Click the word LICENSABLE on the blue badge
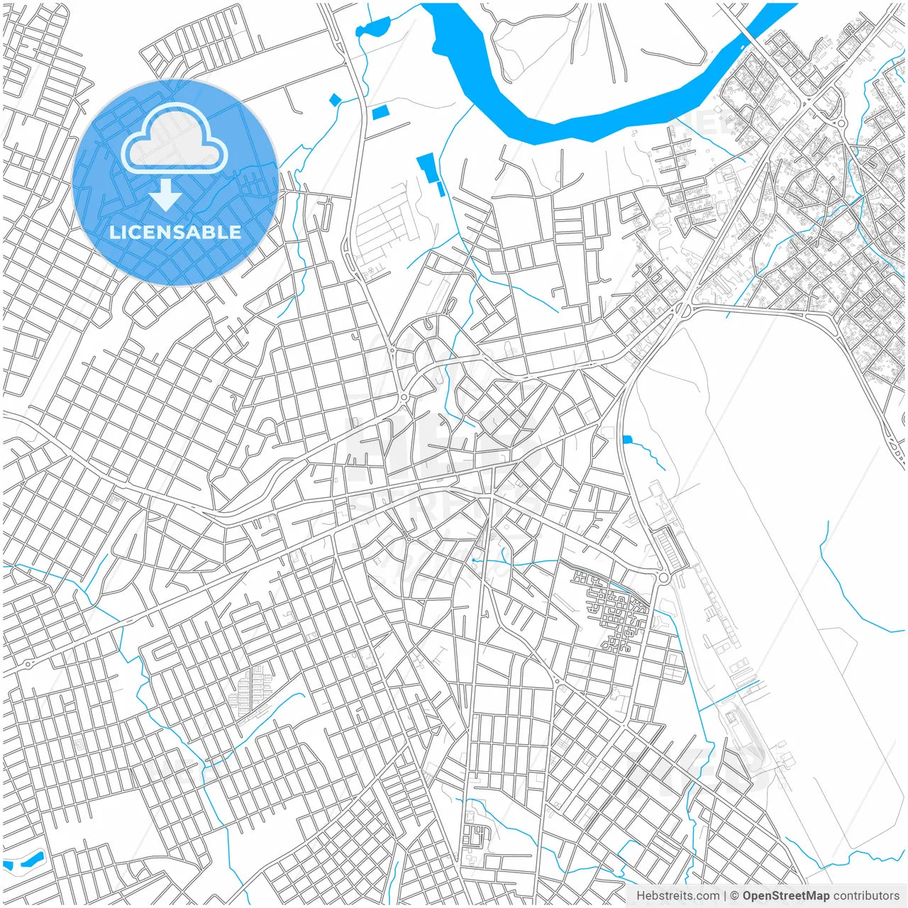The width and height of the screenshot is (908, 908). coord(175,232)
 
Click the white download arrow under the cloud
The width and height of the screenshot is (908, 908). coord(166,195)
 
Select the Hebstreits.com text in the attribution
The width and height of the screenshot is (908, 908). coord(677,896)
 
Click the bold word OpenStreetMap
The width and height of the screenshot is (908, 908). coord(786,896)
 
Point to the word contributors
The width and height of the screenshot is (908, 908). coord(866,896)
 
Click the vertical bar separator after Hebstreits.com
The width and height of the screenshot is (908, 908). coord(725,896)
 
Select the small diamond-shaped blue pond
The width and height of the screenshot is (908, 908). coord(335,100)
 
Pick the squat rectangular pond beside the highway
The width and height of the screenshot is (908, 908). coord(381,111)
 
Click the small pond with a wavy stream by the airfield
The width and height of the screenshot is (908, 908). coord(626,440)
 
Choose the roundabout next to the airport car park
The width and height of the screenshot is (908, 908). coord(663,578)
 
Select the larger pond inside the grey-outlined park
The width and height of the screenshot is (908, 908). coord(31,860)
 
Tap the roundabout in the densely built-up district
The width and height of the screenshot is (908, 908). coord(841,123)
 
